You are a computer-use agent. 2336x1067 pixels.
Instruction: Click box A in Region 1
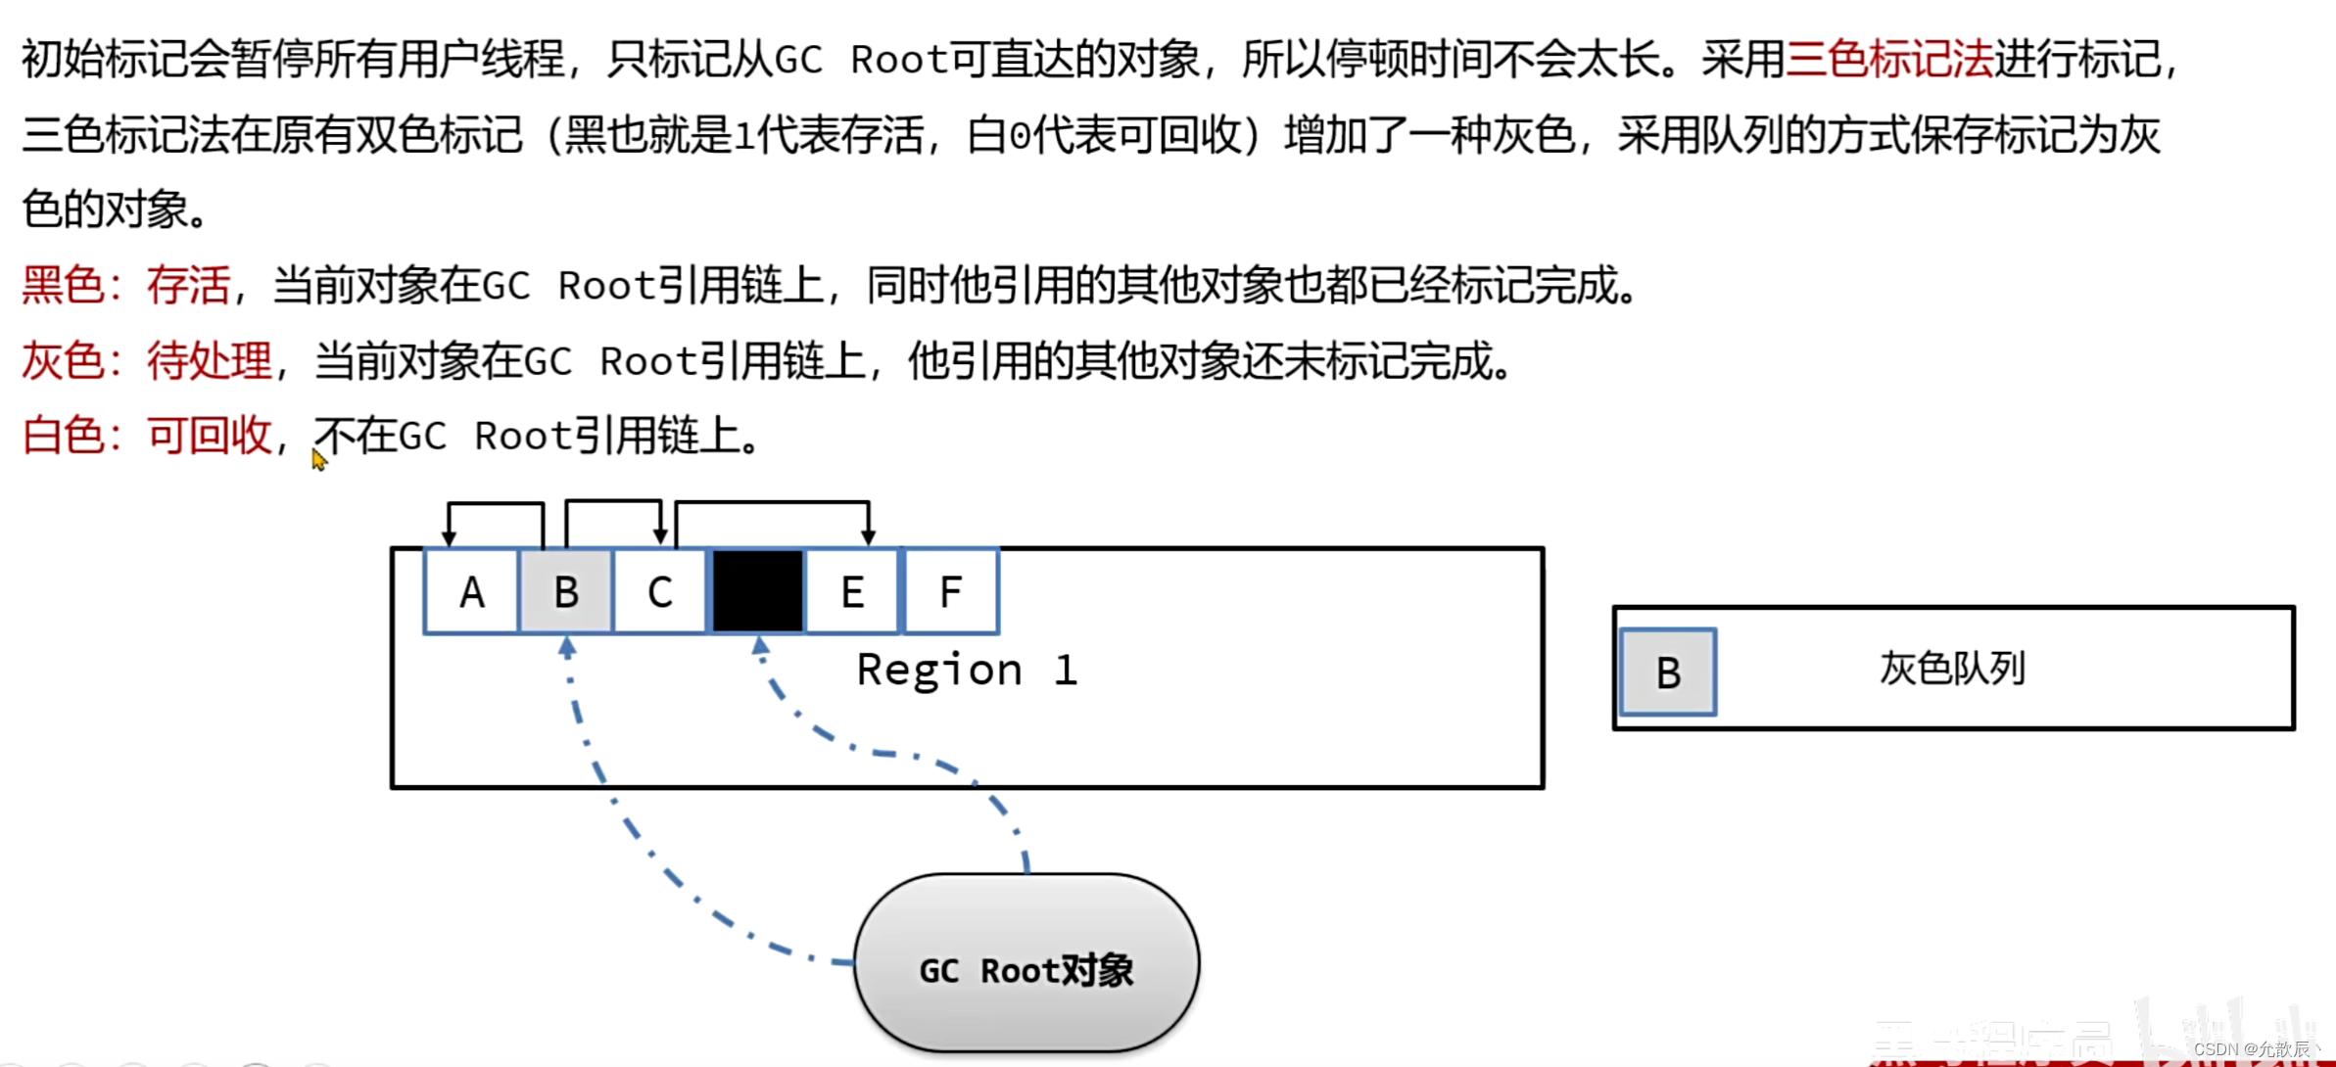pos(471,592)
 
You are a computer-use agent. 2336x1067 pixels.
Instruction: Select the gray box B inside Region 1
pos(566,592)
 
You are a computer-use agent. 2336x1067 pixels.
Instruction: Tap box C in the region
pos(660,592)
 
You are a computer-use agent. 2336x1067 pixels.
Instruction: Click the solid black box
pos(757,591)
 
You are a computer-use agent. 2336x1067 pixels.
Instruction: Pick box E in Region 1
pos(852,592)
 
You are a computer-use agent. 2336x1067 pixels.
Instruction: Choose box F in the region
pos(950,592)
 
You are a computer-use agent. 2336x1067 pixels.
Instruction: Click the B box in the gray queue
pos(1668,673)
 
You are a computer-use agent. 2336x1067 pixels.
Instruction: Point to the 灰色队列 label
pos(1952,669)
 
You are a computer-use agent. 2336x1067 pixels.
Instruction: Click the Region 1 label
pos(967,671)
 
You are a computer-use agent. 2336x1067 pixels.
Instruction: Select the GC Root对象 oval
pos(1026,964)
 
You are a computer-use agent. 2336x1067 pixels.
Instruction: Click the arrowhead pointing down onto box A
pos(449,536)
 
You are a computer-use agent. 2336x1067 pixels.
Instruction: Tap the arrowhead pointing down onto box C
pos(661,536)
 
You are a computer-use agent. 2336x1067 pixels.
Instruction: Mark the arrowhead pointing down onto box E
pos(868,536)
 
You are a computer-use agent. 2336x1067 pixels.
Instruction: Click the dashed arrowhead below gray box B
pos(567,646)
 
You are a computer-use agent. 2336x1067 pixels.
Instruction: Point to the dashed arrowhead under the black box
pos(760,646)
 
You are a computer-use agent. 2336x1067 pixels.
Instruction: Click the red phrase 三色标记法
pos(1889,59)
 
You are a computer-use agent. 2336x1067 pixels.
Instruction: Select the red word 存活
pos(188,286)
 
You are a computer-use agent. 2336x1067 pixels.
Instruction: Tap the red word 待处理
pos(209,361)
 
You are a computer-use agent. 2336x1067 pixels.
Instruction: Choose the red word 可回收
pos(209,436)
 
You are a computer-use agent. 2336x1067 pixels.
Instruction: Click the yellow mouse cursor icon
pos(318,459)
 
